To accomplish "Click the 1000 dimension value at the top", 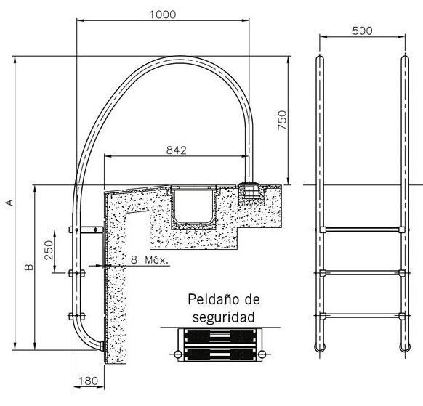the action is [x=163, y=15].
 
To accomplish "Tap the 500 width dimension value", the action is [x=362, y=31].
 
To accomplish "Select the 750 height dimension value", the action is [x=282, y=120].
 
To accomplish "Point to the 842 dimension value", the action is [x=177, y=150].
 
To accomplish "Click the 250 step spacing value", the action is [x=49, y=250].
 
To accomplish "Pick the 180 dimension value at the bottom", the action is [x=88, y=381].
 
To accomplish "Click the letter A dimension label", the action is [x=9, y=203].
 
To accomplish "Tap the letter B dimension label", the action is [x=29, y=267].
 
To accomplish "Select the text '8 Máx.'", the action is [x=150, y=260].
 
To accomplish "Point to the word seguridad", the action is [x=223, y=317].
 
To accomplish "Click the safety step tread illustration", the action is [x=220, y=344].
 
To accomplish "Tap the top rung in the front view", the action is [x=362, y=230].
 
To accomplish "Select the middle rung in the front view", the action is [x=362, y=273].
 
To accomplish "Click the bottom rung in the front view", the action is [x=362, y=316].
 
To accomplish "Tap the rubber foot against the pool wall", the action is [x=102, y=346].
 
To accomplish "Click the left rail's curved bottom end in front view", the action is [x=320, y=348].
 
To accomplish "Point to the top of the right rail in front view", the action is [x=405, y=59].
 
